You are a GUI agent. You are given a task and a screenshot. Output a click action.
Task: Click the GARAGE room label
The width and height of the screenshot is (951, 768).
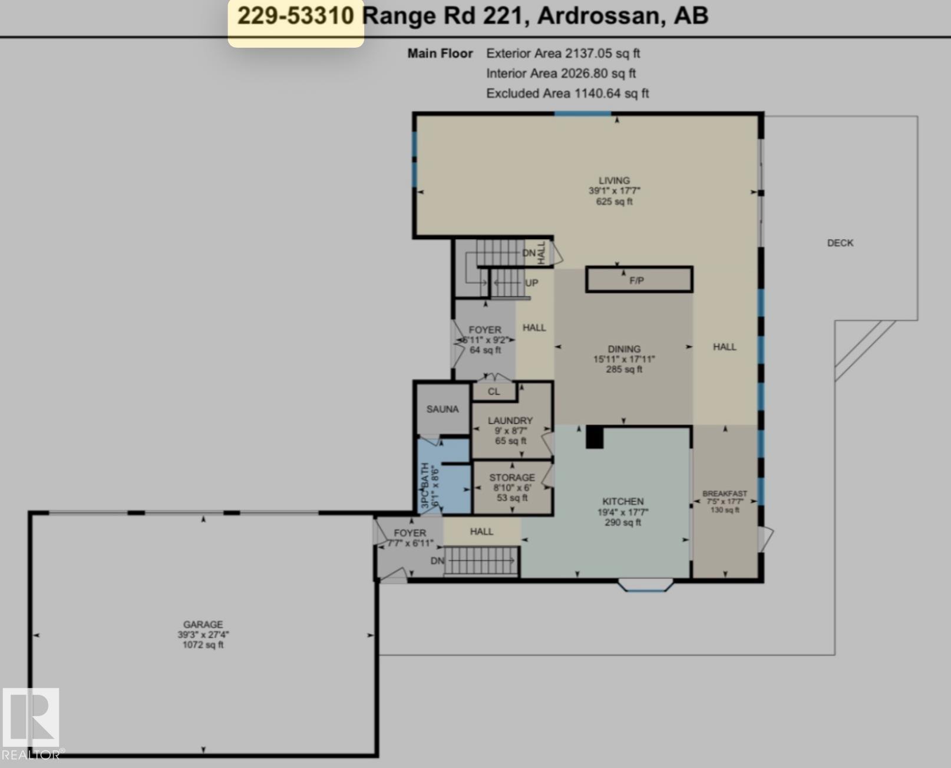click(x=203, y=624)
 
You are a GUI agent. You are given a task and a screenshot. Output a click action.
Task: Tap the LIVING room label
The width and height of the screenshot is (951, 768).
click(x=615, y=181)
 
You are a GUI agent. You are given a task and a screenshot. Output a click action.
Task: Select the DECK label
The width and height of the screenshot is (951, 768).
click(x=840, y=243)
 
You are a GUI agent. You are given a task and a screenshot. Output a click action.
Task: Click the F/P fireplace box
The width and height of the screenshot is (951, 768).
click(x=639, y=280)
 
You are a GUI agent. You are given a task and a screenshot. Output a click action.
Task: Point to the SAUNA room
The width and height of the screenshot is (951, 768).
click(x=443, y=409)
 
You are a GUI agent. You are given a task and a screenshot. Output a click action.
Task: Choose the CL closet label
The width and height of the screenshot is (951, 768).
click(x=494, y=392)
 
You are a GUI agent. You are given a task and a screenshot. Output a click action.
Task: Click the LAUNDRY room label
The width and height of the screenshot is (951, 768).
click(x=510, y=421)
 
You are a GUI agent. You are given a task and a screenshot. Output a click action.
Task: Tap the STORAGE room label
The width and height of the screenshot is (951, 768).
click(x=511, y=477)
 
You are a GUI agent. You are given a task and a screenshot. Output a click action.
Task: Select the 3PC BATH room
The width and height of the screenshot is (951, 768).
click(x=444, y=476)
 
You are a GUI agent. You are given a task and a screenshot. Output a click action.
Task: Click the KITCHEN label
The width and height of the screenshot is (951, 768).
click(x=623, y=501)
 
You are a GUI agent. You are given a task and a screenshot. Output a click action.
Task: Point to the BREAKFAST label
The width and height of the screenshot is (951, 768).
click(x=725, y=494)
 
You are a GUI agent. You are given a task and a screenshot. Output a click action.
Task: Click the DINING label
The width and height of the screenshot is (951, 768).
click(x=624, y=349)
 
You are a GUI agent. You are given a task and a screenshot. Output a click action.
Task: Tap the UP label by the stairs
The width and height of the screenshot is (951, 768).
click(x=531, y=283)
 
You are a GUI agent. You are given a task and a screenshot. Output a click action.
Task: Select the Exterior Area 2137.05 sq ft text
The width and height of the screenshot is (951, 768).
click(x=563, y=54)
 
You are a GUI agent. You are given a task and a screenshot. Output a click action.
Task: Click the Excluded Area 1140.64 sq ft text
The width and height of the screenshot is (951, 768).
click(x=567, y=93)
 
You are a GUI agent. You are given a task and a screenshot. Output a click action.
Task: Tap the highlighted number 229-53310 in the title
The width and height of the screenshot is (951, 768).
click(x=295, y=16)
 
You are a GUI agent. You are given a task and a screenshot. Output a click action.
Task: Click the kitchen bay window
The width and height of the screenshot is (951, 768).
click(x=646, y=585)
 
